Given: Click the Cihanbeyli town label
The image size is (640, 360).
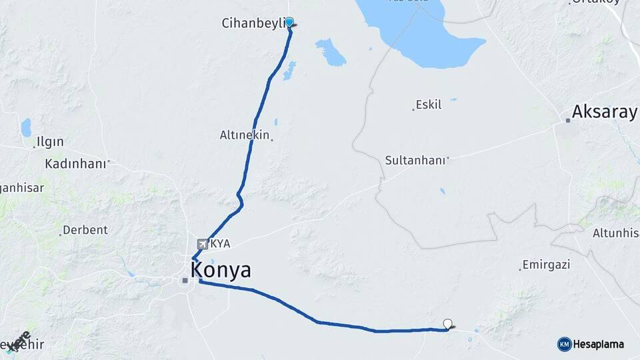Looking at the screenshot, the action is pos(253,23).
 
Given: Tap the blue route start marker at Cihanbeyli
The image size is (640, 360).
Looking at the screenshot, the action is pos(289,22).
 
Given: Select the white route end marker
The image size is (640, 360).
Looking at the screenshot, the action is pos(447,323).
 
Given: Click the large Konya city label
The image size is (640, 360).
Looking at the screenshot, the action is pos(221,270).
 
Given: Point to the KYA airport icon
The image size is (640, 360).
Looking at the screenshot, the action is pos(203,243).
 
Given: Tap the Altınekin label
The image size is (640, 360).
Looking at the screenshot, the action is pos(244,135).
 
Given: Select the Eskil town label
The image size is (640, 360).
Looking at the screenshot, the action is pos(428,105).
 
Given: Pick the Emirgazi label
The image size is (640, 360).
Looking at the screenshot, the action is pos(547,265).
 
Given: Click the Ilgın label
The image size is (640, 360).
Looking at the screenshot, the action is pos(50,141).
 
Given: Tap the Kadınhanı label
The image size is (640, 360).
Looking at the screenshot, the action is pos(75,163).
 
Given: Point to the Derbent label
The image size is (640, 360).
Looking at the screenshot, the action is pos(85,230).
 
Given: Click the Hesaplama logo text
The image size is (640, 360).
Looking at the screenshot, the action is pos(599,345).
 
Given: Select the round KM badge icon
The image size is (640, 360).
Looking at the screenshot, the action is pos(564,344).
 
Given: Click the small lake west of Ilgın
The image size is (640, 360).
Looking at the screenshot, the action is pos(26,127).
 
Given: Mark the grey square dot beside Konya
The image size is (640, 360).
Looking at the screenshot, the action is pos(185,281).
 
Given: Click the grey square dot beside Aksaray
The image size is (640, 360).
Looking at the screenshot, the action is pos(568,121).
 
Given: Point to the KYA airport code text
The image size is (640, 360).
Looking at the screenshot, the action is pos(220,244).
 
